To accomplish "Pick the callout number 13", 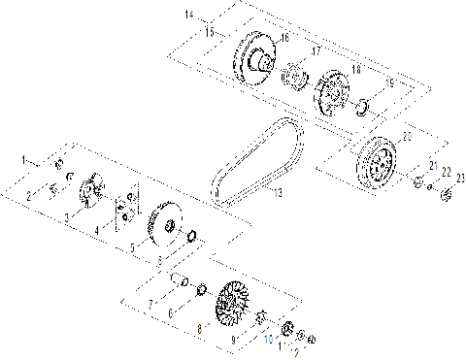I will [278, 194].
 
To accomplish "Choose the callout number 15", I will [209, 31].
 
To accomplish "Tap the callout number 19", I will [389, 83].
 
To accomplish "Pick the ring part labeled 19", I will [360, 105].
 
